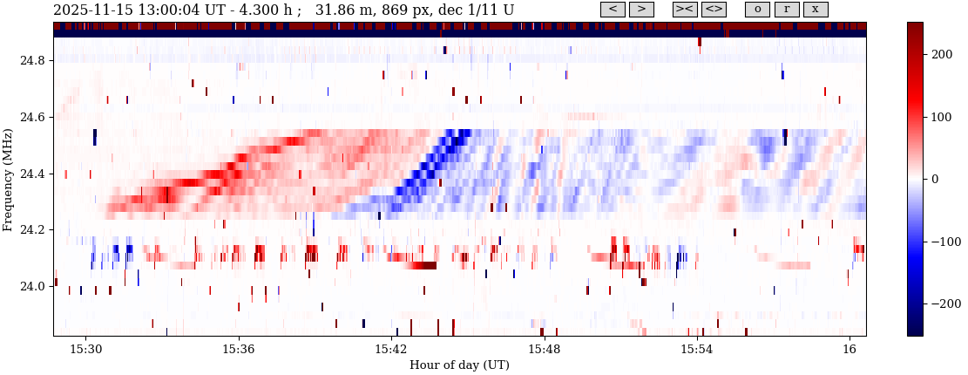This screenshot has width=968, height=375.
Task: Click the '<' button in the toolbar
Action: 613,10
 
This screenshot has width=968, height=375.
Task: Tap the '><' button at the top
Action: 685,10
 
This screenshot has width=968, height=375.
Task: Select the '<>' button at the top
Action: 714,10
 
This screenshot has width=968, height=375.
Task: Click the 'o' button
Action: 757,10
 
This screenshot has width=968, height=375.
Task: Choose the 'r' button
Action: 787,10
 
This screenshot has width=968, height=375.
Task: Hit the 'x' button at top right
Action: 816,10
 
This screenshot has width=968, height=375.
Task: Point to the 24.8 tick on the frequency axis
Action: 33,61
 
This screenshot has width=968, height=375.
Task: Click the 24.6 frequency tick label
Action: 33,118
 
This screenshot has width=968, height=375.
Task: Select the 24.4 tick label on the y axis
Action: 33,174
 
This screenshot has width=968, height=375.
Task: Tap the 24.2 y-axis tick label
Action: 33,230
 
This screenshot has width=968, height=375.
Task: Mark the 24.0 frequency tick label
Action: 33,287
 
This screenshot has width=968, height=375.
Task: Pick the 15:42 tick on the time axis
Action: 391,349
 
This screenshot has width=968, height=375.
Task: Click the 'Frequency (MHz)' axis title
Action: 8,179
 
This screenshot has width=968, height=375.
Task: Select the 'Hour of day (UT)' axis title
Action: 459,364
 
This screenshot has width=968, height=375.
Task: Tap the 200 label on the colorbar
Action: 942,55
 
